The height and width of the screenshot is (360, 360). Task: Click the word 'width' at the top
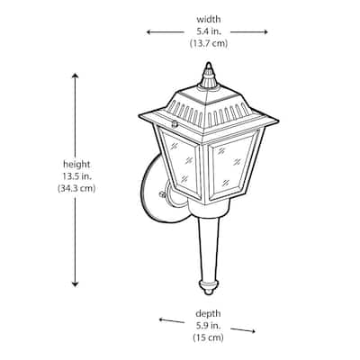(x=209, y=20)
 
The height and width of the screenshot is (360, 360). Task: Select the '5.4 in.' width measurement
(x=209, y=31)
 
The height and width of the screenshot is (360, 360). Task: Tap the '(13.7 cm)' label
(x=209, y=43)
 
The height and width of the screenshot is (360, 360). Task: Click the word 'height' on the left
(x=76, y=165)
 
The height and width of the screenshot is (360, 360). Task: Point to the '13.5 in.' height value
(x=76, y=176)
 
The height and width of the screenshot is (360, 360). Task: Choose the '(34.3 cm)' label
(x=76, y=188)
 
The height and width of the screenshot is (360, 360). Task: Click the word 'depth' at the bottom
(x=208, y=314)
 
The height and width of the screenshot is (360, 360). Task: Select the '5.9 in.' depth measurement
(x=208, y=326)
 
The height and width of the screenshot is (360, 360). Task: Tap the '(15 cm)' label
(x=208, y=337)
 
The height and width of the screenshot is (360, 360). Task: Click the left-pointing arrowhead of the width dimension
(x=148, y=32)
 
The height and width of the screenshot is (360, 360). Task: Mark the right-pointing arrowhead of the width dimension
(x=265, y=32)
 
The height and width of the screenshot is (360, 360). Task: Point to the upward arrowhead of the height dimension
(x=75, y=76)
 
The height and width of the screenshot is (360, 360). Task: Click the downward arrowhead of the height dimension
(x=75, y=283)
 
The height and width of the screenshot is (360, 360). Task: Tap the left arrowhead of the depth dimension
(x=161, y=319)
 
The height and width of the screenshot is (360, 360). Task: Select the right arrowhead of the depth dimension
(x=253, y=331)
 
